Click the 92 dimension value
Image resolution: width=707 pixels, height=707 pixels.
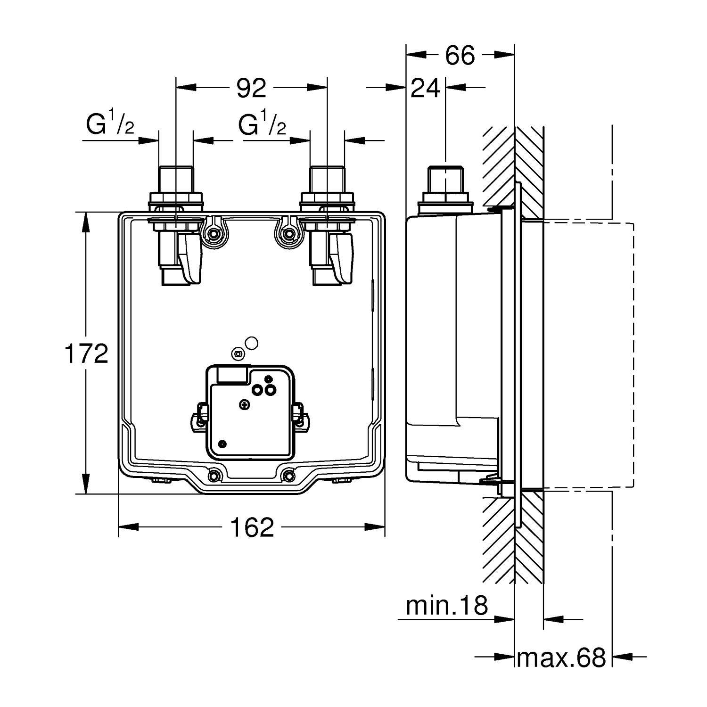(x=251, y=88)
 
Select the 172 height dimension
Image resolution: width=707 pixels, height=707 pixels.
(x=86, y=353)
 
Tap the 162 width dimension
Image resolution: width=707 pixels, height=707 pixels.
(x=252, y=527)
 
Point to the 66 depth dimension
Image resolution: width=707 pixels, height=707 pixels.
(x=460, y=56)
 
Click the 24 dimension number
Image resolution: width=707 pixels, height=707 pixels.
(x=426, y=88)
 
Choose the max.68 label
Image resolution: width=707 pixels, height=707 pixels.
(x=561, y=658)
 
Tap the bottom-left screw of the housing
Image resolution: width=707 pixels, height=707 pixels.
(x=214, y=476)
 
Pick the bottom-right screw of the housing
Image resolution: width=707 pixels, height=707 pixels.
(x=288, y=476)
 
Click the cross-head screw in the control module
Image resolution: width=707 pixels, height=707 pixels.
(x=244, y=404)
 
